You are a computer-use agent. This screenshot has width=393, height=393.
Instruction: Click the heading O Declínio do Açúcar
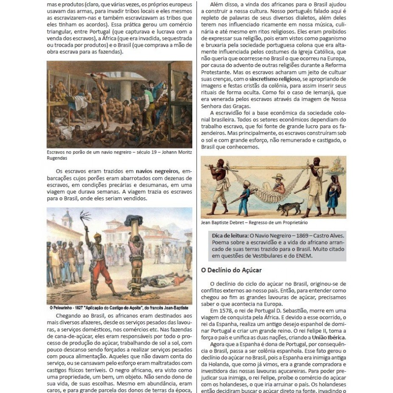(x=231, y=270)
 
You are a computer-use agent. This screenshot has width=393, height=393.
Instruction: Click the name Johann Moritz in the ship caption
(x=167, y=152)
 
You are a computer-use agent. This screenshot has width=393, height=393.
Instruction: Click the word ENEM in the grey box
(x=304, y=256)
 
